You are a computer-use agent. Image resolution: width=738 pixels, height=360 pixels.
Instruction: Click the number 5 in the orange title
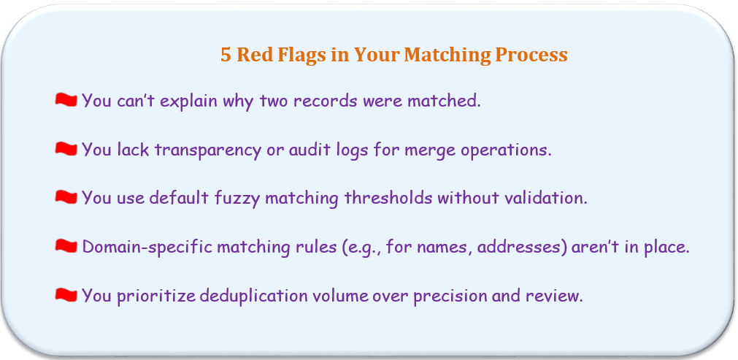[x=226, y=55]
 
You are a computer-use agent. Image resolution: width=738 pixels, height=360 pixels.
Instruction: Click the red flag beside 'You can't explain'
[x=66, y=100]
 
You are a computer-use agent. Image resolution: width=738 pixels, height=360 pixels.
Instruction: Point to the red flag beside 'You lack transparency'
[x=66, y=149]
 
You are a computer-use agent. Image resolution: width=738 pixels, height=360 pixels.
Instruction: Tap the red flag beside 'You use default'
[x=66, y=197]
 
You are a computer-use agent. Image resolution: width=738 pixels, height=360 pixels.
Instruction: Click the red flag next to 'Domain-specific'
[x=66, y=245]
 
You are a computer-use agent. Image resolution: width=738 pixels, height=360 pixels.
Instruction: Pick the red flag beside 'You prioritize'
[x=66, y=294]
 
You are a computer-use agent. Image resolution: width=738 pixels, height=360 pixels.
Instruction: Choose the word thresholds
[x=388, y=198]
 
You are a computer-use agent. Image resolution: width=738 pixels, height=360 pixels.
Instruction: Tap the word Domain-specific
[x=147, y=248]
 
